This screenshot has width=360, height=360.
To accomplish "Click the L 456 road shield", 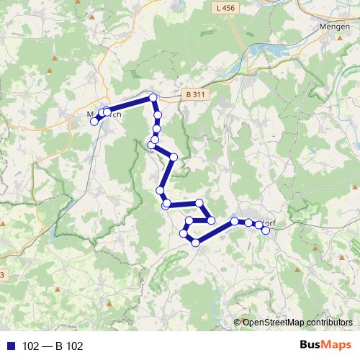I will coord(225,7).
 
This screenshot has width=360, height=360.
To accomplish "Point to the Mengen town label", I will coord(333,26).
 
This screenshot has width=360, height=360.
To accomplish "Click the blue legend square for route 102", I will coord(10,346).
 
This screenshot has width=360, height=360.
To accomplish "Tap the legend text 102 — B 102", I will coord(53,346).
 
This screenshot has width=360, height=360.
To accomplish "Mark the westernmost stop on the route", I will coord(94,121).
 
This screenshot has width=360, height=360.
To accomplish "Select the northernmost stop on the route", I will coord(153,98).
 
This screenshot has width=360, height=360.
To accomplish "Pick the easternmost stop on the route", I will coord(266,230).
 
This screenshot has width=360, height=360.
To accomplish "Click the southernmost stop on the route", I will coord(195,243).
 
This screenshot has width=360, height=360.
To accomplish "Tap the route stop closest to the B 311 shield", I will coord(153,98).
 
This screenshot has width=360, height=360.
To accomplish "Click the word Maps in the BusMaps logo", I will coord(338,346).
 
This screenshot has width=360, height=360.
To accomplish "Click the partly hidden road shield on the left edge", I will coord(2,275).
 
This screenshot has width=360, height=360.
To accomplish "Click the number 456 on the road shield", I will coord(229,7).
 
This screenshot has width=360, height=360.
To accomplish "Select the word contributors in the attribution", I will coord(328,323).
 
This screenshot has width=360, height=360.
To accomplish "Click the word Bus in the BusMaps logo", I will coord(312,346).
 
